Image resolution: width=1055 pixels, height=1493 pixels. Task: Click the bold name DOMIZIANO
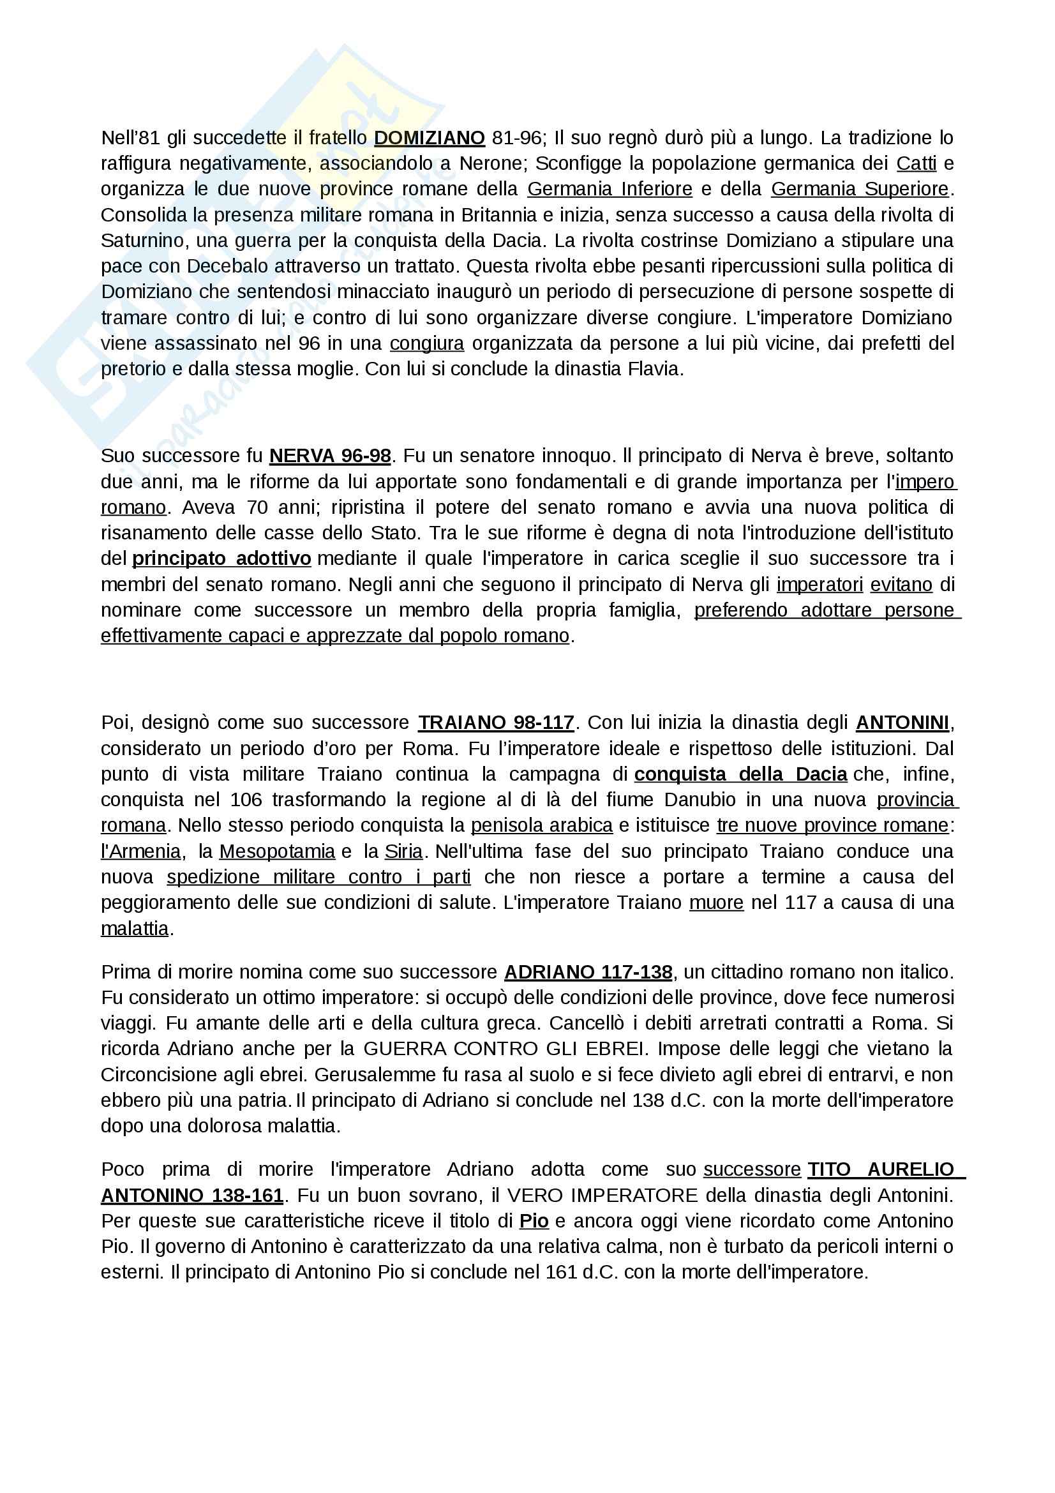point(429,138)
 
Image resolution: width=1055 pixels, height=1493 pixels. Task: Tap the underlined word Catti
point(916,163)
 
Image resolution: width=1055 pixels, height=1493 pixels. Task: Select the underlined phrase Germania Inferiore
point(610,189)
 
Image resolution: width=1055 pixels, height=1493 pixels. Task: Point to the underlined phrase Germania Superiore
point(860,189)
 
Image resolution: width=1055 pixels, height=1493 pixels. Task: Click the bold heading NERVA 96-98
point(330,456)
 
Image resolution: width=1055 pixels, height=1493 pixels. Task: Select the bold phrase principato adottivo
point(221,559)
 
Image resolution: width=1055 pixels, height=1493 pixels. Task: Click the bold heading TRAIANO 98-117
point(496,723)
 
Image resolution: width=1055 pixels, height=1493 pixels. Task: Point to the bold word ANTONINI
point(902,723)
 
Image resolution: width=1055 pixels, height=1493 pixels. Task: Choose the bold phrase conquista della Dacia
point(741,774)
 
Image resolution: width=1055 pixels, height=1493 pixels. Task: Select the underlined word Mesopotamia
point(277,852)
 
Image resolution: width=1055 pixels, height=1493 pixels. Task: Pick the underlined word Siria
point(403,852)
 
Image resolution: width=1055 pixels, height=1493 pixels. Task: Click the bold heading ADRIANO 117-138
point(588,972)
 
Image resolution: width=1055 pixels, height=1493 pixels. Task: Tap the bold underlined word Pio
point(534,1221)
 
